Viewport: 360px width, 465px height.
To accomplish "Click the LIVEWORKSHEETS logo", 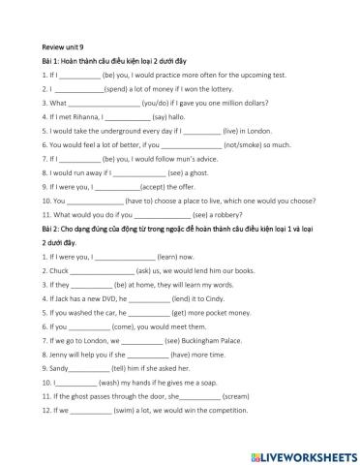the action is (300, 455).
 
